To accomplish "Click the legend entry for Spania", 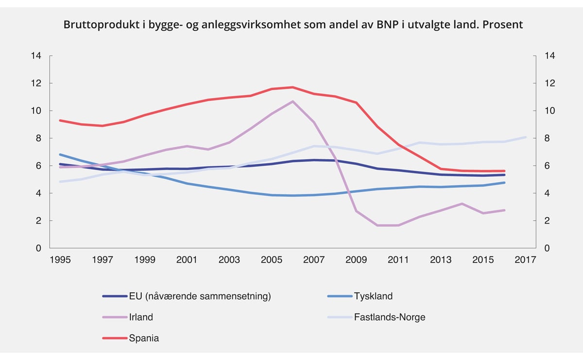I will [x=144, y=338].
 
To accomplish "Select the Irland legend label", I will [x=141, y=317].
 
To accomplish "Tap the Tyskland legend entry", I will [x=373, y=296].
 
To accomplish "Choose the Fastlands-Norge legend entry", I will [x=390, y=317].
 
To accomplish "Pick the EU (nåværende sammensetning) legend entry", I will [x=200, y=296].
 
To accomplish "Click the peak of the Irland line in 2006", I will [x=292, y=102].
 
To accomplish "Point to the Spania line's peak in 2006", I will [x=292, y=87].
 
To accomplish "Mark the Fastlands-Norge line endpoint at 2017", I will [x=525, y=137].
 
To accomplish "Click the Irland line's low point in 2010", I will [x=377, y=225].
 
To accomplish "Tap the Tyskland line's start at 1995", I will [x=60, y=154].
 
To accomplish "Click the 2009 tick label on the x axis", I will [x=356, y=260].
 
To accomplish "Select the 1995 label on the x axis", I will [x=60, y=260].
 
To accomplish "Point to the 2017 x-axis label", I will [x=525, y=260].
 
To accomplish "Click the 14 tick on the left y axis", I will [x=36, y=56].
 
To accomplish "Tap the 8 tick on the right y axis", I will [x=547, y=138].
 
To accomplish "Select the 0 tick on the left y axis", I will [x=38, y=248].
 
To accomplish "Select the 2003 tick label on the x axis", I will [x=229, y=260].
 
